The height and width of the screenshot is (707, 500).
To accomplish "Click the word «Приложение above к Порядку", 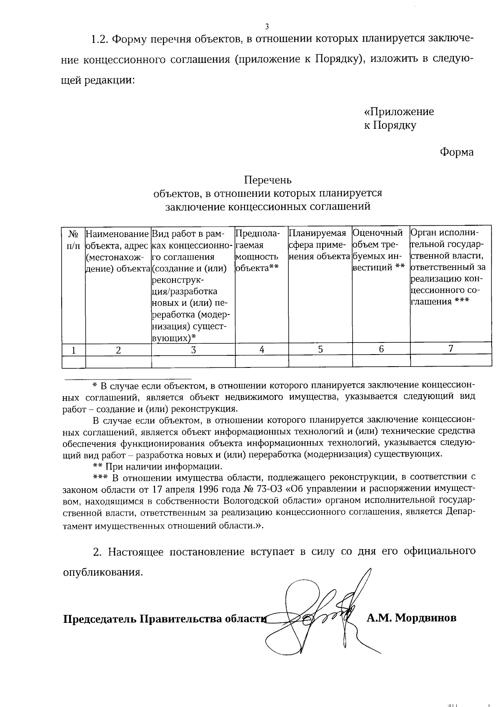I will click(399, 112).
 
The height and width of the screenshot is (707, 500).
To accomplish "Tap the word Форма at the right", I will click(457, 152).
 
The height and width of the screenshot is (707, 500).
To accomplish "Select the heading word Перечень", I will click(267, 180).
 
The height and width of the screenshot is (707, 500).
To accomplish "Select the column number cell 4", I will click(262, 350).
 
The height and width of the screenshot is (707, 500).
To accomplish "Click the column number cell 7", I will click(450, 349).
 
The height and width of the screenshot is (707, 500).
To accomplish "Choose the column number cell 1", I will click(73, 350).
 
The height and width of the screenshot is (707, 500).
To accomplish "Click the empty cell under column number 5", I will click(320, 361).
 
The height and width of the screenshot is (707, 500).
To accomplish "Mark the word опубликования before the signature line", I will click(102, 572).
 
